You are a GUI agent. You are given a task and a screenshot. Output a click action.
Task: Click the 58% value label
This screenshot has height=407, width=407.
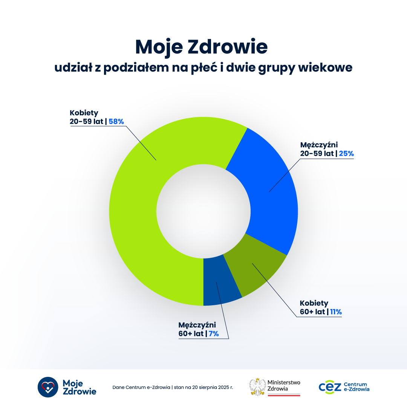(116, 121)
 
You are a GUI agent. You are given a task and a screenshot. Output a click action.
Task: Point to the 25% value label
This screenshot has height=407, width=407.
(346, 154)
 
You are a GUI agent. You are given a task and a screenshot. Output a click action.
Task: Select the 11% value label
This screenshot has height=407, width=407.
(336, 312)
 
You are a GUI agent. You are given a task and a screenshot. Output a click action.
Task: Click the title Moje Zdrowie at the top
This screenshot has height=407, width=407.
(201, 47)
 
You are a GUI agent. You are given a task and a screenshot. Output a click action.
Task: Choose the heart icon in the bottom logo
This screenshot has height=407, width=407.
(48, 387)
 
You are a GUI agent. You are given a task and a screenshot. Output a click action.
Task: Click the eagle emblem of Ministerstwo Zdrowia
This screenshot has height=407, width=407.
(258, 387)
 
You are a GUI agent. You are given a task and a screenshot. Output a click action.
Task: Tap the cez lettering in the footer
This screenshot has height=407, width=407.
(330, 387)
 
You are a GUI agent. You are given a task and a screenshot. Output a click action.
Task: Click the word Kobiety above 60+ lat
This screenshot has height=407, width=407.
(314, 303)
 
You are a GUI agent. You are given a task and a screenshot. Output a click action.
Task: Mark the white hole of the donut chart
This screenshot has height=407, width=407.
(203, 211)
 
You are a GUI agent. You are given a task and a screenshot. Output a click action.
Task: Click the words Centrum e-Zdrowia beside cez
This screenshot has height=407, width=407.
(356, 387)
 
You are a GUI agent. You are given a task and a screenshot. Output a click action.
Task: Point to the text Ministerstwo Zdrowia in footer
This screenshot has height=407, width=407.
(284, 385)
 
